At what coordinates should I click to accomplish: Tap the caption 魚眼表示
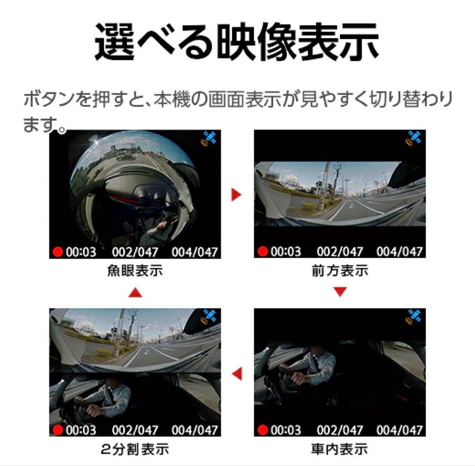click(135, 270)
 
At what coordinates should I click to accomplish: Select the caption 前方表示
click(340, 270)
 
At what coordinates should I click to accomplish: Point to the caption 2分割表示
click(135, 449)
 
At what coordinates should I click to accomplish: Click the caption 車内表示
click(340, 449)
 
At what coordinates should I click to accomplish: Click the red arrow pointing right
click(236, 195)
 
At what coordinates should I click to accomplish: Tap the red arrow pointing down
click(340, 292)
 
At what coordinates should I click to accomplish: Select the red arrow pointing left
click(237, 373)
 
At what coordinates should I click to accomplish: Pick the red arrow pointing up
click(135, 292)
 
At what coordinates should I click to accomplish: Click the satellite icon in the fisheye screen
click(209, 138)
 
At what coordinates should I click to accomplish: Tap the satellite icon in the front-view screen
click(413, 138)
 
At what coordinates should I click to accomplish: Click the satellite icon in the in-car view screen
click(413, 317)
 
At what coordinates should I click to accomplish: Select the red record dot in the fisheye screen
click(58, 252)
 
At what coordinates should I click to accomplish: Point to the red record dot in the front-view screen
click(263, 251)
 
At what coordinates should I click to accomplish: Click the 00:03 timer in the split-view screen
click(81, 430)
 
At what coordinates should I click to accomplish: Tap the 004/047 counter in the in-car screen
click(399, 430)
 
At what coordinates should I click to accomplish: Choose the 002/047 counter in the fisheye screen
click(135, 252)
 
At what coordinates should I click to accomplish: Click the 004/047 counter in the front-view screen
click(399, 252)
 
